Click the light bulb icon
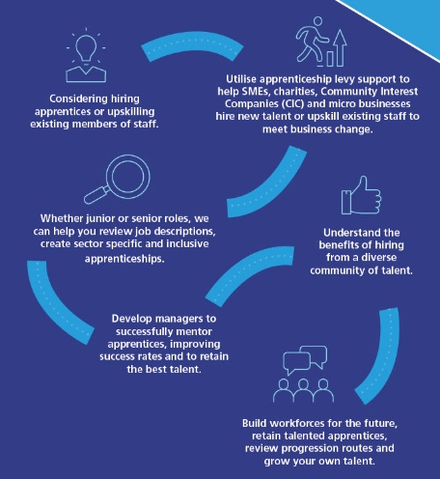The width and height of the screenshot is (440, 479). click(x=86, y=48)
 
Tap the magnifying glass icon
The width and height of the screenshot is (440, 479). click(x=118, y=179)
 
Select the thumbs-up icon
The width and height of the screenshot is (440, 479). click(x=361, y=195)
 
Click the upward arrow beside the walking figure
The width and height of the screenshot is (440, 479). click(x=340, y=47)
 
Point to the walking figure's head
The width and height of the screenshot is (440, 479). click(x=317, y=21)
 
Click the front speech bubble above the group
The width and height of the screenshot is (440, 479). click(x=296, y=363)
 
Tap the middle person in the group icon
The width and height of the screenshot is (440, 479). click(x=303, y=390)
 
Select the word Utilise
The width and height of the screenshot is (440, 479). click(x=240, y=79)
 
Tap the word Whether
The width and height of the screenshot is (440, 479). click(x=62, y=218)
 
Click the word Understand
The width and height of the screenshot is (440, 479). click(x=347, y=233)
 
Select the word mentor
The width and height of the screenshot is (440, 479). click(x=195, y=331)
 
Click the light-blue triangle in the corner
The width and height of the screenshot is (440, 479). click(x=405, y=19)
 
